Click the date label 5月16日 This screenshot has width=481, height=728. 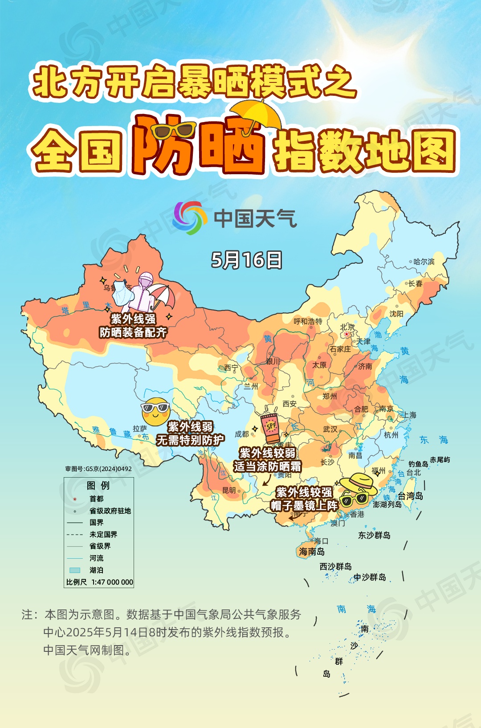click(x=246, y=260)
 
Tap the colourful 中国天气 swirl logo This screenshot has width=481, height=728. click(x=190, y=218)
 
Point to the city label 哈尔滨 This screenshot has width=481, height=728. click(x=424, y=262)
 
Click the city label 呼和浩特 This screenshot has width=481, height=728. click(x=308, y=321)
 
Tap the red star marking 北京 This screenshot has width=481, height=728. click(x=346, y=334)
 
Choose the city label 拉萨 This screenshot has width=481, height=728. click(x=139, y=429)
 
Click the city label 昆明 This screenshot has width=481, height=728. click(x=229, y=490)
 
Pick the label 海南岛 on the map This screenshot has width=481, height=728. click(x=312, y=552)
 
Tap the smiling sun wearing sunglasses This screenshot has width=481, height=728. click(x=155, y=411)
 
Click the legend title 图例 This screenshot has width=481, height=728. click(x=98, y=485)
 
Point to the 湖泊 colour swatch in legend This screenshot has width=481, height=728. click(x=74, y=570)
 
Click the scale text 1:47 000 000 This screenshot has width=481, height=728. click(x=112, y=582)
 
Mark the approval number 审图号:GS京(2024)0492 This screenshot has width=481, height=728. click(x=98, y=469)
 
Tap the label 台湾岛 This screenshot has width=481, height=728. click(x=410, y=496)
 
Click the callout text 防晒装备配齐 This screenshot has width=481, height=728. click(x=133, y=332)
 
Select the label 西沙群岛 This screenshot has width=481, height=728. click(x=335, y=566)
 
